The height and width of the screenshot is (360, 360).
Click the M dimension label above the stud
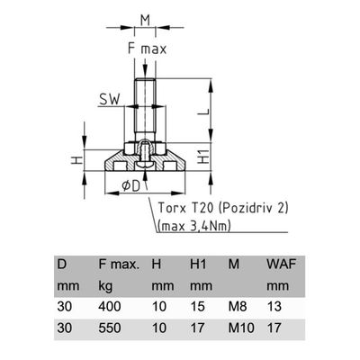tap(145, 20)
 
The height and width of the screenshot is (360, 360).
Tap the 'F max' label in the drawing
tap(147, 49)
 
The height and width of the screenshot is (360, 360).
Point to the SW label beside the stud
tap(110, 99)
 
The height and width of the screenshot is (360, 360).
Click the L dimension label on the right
tap(204, 112)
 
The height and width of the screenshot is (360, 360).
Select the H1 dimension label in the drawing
tap(204, 157)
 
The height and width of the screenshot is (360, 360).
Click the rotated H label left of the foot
tap(76, 160)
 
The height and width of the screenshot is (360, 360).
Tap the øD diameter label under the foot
tap(131, 186)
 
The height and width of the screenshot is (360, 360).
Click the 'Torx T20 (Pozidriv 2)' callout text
tap(223, 208)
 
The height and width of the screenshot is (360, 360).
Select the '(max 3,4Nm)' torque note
tap(194, 226)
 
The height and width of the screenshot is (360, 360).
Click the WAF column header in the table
tap(282, 265)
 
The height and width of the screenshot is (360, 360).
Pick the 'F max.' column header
tap(119, 265)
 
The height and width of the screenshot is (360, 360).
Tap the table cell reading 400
tap(110, 307)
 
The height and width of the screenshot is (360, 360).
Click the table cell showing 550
tap(110, 328)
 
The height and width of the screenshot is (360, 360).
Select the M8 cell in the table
tap(238, 307)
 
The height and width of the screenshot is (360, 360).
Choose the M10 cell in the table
tap(241, 328)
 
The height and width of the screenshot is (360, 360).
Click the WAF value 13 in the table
tap(274, 307)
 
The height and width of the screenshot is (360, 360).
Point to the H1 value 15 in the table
tap(198, 307)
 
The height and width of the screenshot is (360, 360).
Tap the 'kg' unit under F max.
tap(105, 286)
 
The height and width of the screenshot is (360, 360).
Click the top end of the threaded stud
tap(145, 78)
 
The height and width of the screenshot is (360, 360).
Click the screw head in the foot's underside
tap(145, 165)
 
